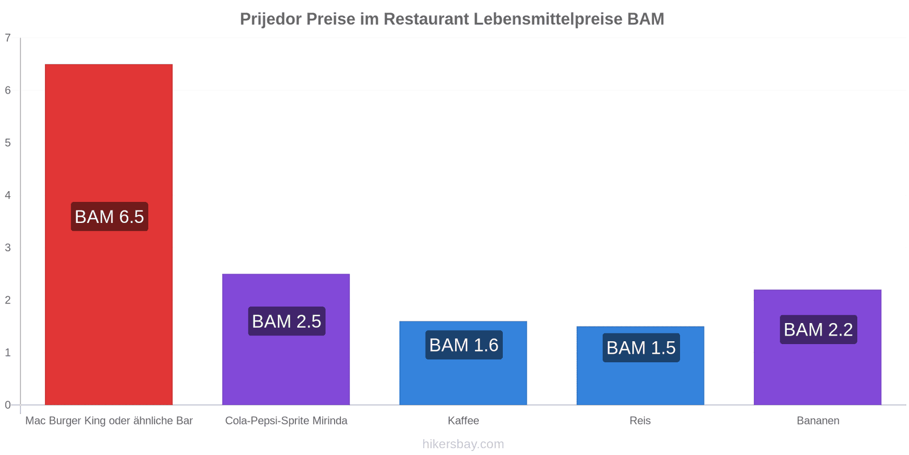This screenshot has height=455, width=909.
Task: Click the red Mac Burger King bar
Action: click(109, 234)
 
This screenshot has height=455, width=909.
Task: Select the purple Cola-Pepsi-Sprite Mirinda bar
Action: click(286, 339)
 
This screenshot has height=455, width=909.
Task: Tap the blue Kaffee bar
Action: click(463, 363)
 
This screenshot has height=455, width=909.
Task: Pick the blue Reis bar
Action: click(640, 365)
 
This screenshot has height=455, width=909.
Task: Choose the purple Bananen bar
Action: click(818, 347)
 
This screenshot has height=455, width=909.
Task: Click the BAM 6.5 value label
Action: click(110, 217)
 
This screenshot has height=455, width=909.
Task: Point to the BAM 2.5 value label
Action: click(287, 321)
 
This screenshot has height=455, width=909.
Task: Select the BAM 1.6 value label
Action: click(464, 345)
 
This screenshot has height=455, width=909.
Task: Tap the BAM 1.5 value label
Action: click(641, 348)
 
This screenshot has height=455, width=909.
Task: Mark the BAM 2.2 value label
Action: click(819, 329)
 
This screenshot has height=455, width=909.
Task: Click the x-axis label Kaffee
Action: click(464, 420)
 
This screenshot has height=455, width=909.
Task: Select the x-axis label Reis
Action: click(640, 420)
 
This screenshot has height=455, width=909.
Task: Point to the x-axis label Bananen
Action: click(818, 420)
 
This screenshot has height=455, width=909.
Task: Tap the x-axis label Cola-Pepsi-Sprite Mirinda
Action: click(286, 420)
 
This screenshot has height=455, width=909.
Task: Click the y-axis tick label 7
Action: click(8, 38)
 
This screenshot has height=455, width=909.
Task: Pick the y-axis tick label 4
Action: click(8, 195)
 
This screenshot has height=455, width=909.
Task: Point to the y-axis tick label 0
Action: click(8, 404)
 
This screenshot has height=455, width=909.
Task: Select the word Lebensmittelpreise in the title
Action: click(548, 19)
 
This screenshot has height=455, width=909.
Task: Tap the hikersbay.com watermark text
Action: click(463, 444)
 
